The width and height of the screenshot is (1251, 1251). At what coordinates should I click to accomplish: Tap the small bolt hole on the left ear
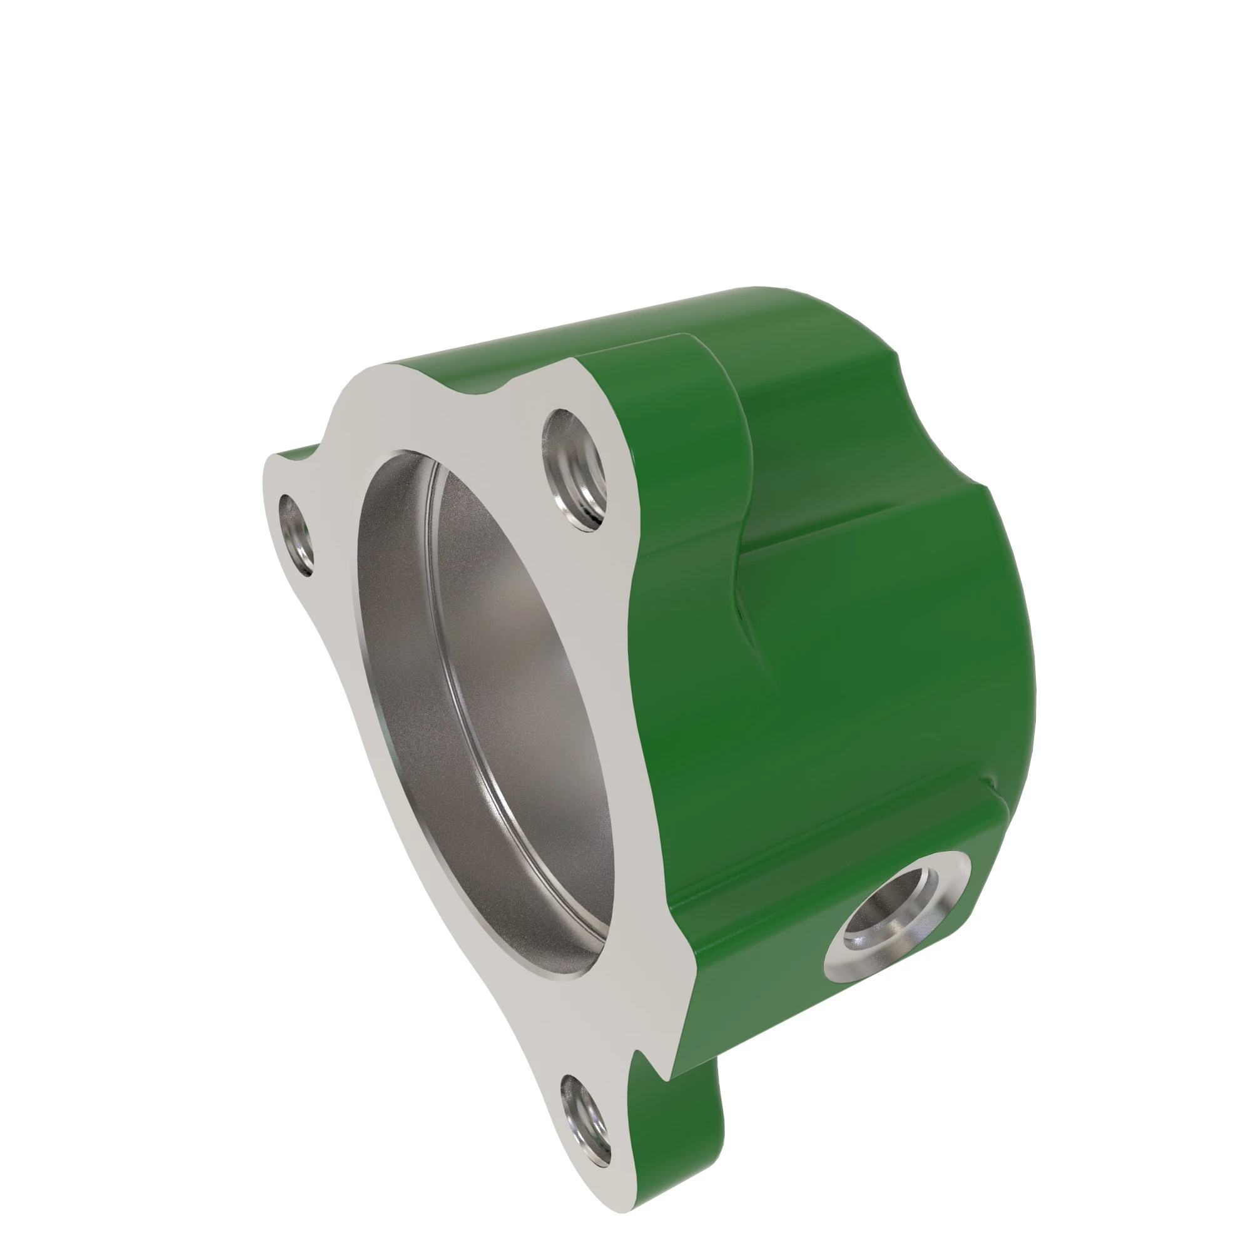(296, 535)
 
